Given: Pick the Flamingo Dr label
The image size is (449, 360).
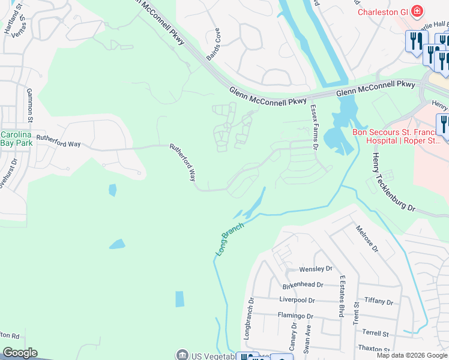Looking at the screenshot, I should pos(295,316).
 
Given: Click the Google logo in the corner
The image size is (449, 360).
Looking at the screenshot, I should pos(20,353).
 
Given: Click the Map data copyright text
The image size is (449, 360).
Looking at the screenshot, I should pos(412,355).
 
